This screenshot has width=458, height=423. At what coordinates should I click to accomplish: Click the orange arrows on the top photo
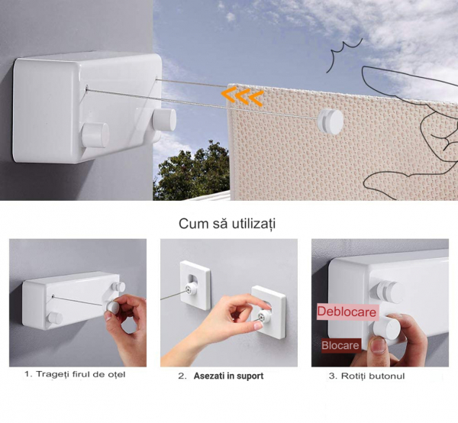[243, 97]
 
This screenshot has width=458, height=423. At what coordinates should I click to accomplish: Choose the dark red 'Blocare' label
[340, 345]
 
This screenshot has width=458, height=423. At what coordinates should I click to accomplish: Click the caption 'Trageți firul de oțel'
[75, 375]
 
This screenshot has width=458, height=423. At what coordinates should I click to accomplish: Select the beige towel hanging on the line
[305, 153]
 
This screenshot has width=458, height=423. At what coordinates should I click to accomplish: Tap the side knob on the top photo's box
[163, 120]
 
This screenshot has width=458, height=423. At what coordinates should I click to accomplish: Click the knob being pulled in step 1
[114, 305]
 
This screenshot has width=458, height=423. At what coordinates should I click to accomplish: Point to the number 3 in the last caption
[331, 376]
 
